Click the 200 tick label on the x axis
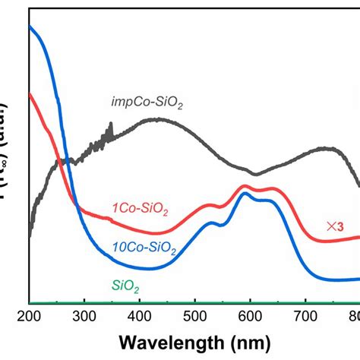pos(29,317)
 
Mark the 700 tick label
pos(306,317)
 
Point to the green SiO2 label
pos(125,286)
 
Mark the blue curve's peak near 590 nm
pos(245,194)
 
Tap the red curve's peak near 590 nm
pos(245,185)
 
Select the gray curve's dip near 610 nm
pos(255,174)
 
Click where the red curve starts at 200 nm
pos(30,94)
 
